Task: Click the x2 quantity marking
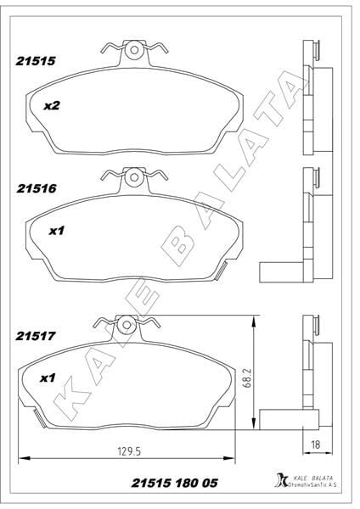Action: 51,107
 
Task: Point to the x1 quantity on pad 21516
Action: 57,230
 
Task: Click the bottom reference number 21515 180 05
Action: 171,484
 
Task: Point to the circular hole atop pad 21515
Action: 133,51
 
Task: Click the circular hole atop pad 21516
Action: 133,179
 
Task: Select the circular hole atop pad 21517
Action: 127,325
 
